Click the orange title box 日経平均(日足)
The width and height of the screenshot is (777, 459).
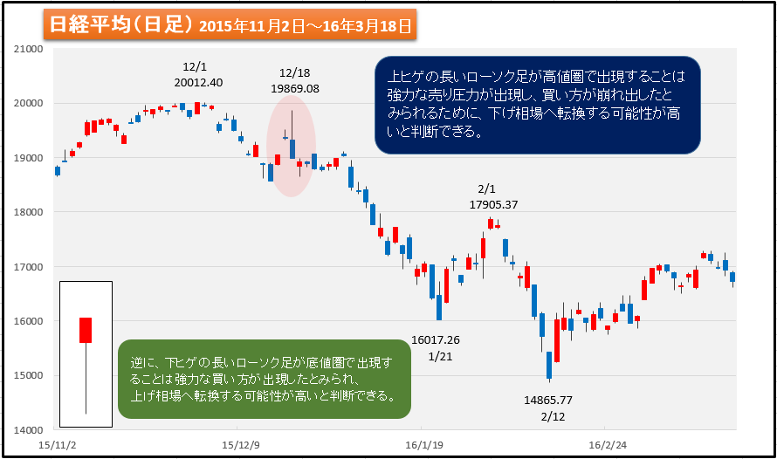(230, 25)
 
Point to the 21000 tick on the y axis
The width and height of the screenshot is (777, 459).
(30, 49)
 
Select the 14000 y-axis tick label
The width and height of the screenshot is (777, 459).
(30, 430)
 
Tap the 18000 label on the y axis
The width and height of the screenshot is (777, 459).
(30, 212)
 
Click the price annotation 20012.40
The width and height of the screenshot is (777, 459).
(198, 83)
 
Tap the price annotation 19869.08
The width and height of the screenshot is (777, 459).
(295, 89)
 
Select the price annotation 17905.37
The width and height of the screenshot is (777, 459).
(494, 205)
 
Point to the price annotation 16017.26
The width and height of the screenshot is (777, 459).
(435, 340)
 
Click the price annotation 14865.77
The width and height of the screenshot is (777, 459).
(548, 400)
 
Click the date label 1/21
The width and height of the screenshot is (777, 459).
(437, 357)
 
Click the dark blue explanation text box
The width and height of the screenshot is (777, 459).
(537, 105)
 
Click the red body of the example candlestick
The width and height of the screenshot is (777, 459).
(86, 330)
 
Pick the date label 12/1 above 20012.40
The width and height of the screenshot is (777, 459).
(196, 67)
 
